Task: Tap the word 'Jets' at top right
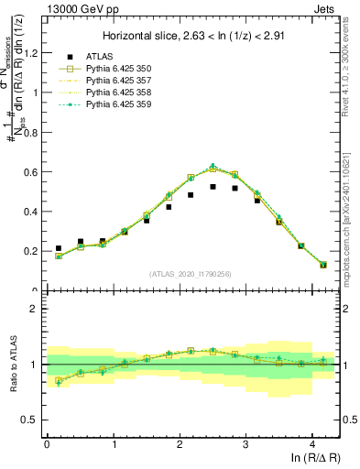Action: (x=325, y=8)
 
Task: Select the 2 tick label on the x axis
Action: (x=180, y=443)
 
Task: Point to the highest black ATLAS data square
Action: (x=213, y=187)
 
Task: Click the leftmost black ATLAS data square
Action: (x=59, y=248)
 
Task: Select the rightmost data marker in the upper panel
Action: (x=323, y=265)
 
